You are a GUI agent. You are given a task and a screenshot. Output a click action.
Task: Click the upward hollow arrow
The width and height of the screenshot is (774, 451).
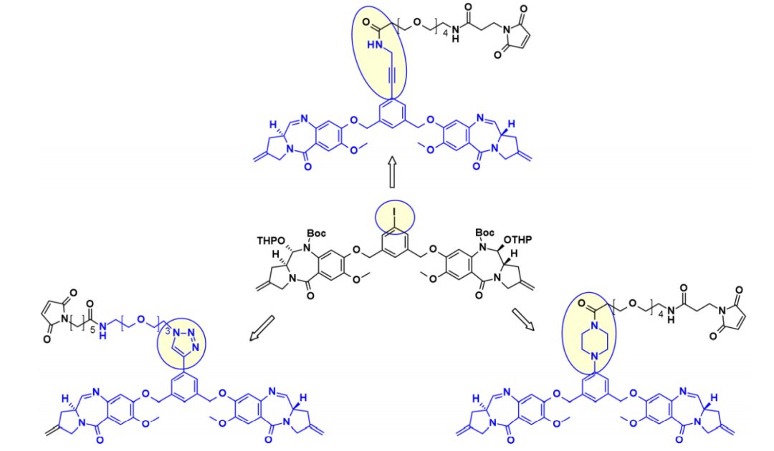[x=393, y=172]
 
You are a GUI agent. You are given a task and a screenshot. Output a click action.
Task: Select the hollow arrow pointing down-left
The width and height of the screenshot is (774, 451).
[x=262, y=329]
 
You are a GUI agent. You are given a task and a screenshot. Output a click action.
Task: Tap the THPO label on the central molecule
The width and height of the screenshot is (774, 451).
[x=271, y=241]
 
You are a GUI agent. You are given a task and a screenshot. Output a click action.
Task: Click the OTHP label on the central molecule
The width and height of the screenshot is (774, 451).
[x=518, y=240]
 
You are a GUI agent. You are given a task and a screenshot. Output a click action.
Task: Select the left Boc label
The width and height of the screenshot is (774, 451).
[x=317, y=233]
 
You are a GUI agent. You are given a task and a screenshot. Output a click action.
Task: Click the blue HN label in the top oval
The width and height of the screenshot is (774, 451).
[x=375, y=45]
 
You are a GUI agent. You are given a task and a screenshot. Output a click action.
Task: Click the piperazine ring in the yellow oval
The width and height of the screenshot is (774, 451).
[x=594, y=341]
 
